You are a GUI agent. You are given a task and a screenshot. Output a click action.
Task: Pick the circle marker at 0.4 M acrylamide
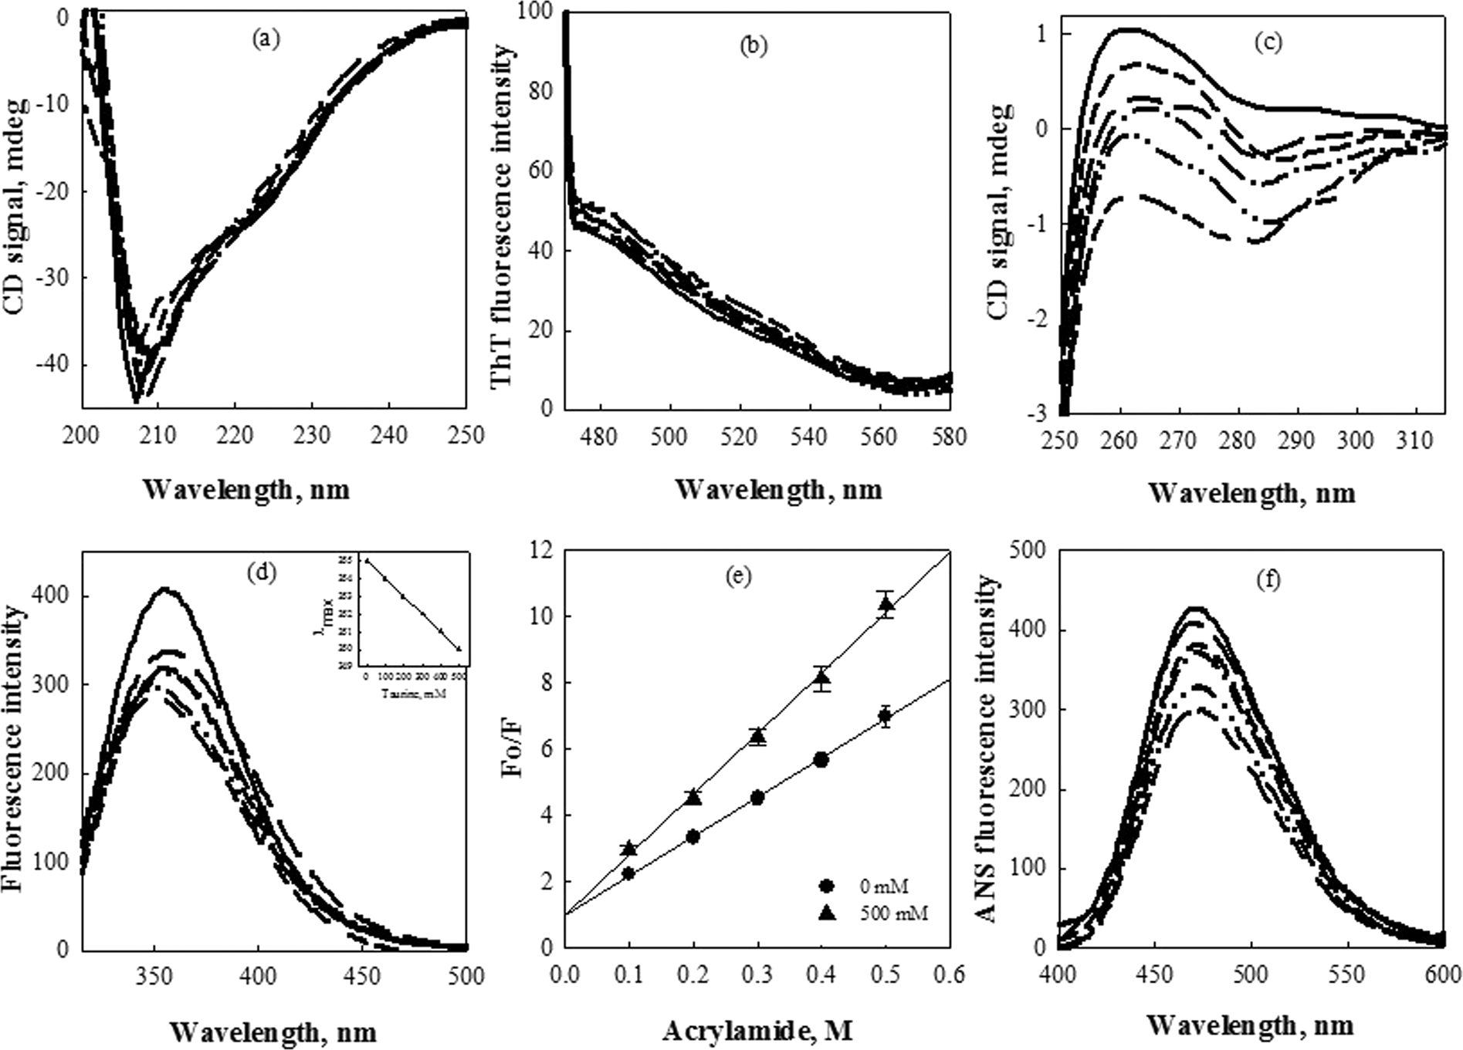(x=821, y=760)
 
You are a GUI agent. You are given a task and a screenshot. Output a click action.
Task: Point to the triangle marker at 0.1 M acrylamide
(x=629, y=849)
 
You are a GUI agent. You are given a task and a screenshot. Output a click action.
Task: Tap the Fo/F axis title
(x=516, y=748)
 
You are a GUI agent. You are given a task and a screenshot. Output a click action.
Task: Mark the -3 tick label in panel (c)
(x=1041, y=415)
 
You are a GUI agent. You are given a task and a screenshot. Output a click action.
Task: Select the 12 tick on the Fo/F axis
(x=542, y=550)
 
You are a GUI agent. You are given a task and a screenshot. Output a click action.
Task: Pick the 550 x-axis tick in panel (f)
(x=1347, y=976)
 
